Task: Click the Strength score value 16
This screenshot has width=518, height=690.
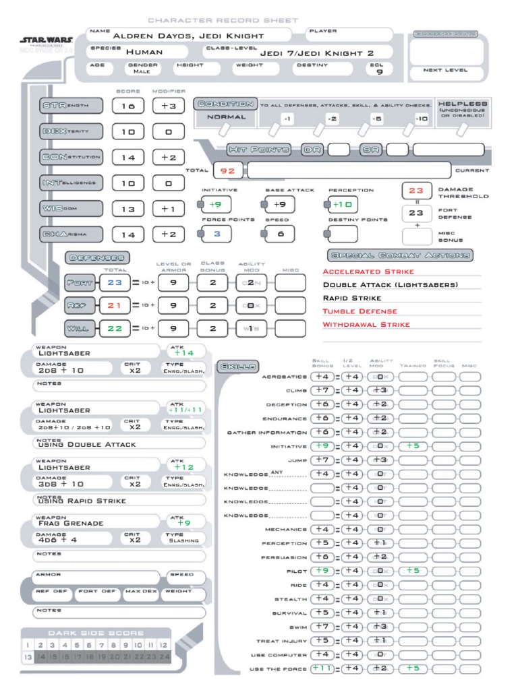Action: [x=128, y=106]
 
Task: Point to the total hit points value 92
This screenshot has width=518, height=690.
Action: [x=228, y=171]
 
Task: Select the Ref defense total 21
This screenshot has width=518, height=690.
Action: [x=115, y=305]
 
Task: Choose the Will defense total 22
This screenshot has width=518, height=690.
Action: [x=115, y=328]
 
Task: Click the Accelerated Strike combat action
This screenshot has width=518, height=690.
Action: [x=368, y=271]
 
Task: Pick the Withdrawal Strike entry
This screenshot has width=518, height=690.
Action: [x=366, y=324]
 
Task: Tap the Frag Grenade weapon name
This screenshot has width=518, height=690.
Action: [x=71, y=523]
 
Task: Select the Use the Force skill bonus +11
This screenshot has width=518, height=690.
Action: [x=322, y=668]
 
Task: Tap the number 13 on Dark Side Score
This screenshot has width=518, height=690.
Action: [x=28, y=656]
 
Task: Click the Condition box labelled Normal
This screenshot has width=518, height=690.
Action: [x=226, y=117]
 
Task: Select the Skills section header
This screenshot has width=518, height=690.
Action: [x=236, y=367]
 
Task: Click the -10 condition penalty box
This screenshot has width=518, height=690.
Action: [x=421, y=119]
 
